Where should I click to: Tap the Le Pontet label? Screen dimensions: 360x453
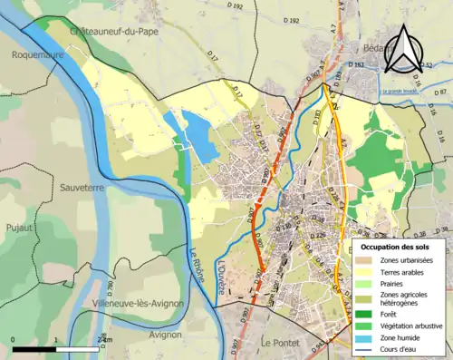(x=279, y=343)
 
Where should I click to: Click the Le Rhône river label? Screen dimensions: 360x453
(x=198, y=263)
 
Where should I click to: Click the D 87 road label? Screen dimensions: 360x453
(x=440, y=92)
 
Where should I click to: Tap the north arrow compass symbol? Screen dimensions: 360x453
(x=404, y=50)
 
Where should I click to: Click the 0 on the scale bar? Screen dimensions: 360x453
(x=14, y=340)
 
